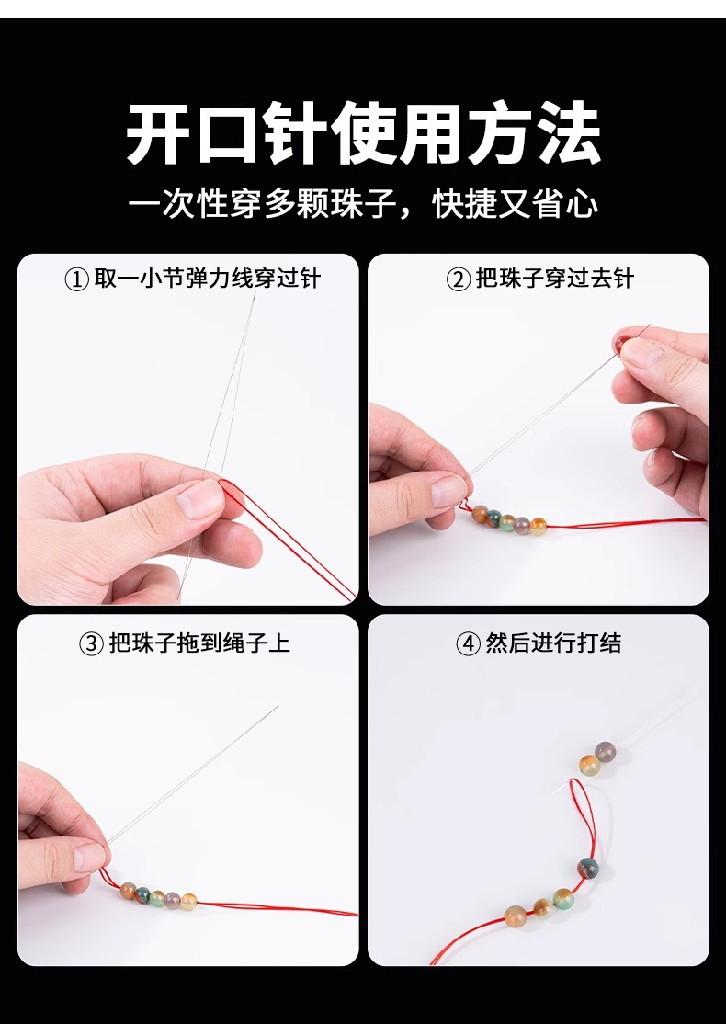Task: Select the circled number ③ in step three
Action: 91,644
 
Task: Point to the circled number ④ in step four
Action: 468,644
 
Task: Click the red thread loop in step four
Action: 593,810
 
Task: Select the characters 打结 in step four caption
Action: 598,643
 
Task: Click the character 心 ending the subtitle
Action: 582,204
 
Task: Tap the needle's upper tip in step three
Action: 278,706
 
